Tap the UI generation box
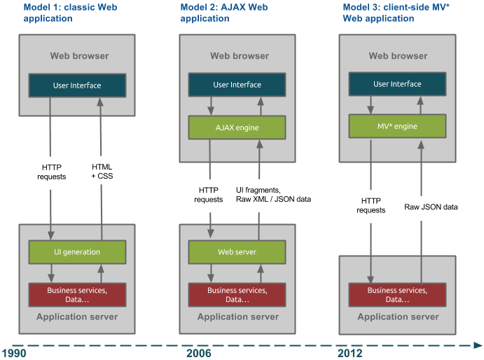77,251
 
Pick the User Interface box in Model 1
77,85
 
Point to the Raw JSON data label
431,207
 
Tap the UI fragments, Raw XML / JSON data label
272,195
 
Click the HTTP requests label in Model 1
51,171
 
